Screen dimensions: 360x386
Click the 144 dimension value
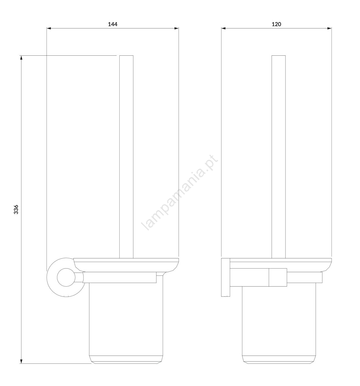coord(113,24)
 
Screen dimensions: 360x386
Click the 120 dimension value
coord(276,24)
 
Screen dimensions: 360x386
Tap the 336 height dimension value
coord(16,209)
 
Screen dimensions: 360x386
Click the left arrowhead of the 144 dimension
coord(49,28)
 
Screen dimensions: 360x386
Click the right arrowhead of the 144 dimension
coord(176,28)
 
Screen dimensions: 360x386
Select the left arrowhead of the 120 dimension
coord(223,28)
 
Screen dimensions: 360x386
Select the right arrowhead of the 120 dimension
coord(329,28)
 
